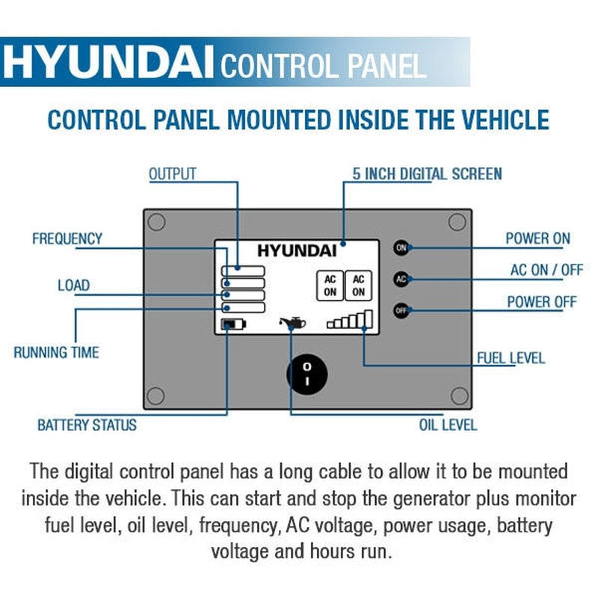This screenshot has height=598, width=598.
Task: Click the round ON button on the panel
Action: coord(401,247)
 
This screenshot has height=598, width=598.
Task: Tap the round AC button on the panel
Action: coord(401,279)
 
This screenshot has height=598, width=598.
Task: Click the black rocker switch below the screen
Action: coord(307,372)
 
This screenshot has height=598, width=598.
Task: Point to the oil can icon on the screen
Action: coord(292,324)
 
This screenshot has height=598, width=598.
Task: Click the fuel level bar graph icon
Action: coord(350,321)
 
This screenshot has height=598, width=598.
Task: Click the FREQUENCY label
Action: coord(67,239)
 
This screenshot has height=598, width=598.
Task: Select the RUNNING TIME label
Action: coord(56,351)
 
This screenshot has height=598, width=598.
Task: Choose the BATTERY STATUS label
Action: coord(87,425)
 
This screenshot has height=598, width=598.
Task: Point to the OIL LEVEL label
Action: coord(448,425)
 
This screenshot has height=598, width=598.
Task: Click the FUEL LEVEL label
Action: coord(511,358)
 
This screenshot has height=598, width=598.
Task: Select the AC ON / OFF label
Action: coord(546,270)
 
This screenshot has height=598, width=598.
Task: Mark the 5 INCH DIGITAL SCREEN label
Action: coord(427,174)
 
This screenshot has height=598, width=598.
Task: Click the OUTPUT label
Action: coord(172,174)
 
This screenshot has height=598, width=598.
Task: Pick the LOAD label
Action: coord(73,285)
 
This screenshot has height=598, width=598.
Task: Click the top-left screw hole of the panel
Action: coord(156,222)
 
